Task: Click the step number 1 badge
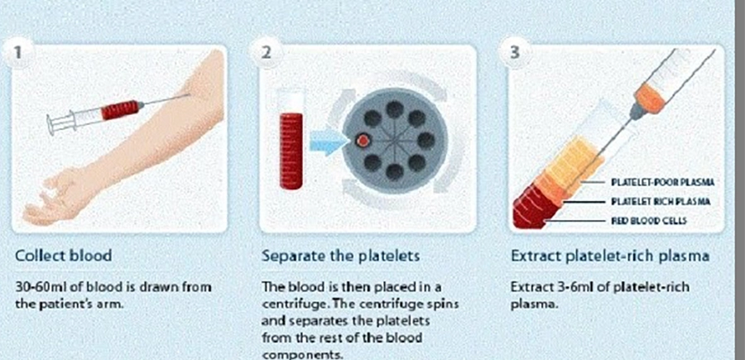18,52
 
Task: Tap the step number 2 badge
267,52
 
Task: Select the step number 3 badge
515,52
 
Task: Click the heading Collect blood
64,256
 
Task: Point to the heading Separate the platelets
341,257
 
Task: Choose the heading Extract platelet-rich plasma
611,257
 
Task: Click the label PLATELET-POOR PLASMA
662,182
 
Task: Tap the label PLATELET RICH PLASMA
661,202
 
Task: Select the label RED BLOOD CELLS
648,221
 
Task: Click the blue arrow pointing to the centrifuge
327,141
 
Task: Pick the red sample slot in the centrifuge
363,140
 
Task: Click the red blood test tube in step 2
291,151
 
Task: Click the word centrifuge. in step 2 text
294,304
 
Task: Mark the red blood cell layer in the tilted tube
535,209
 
